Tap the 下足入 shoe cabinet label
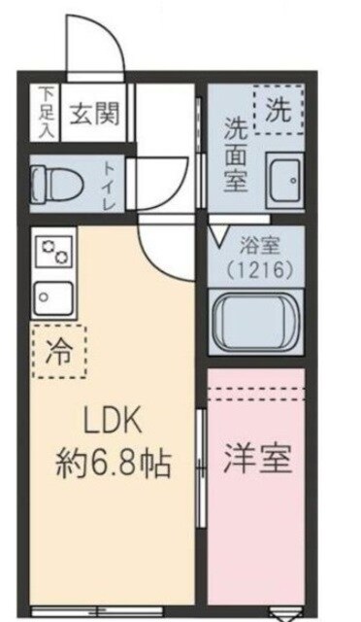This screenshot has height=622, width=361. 46,112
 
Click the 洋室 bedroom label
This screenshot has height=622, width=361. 259,459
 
